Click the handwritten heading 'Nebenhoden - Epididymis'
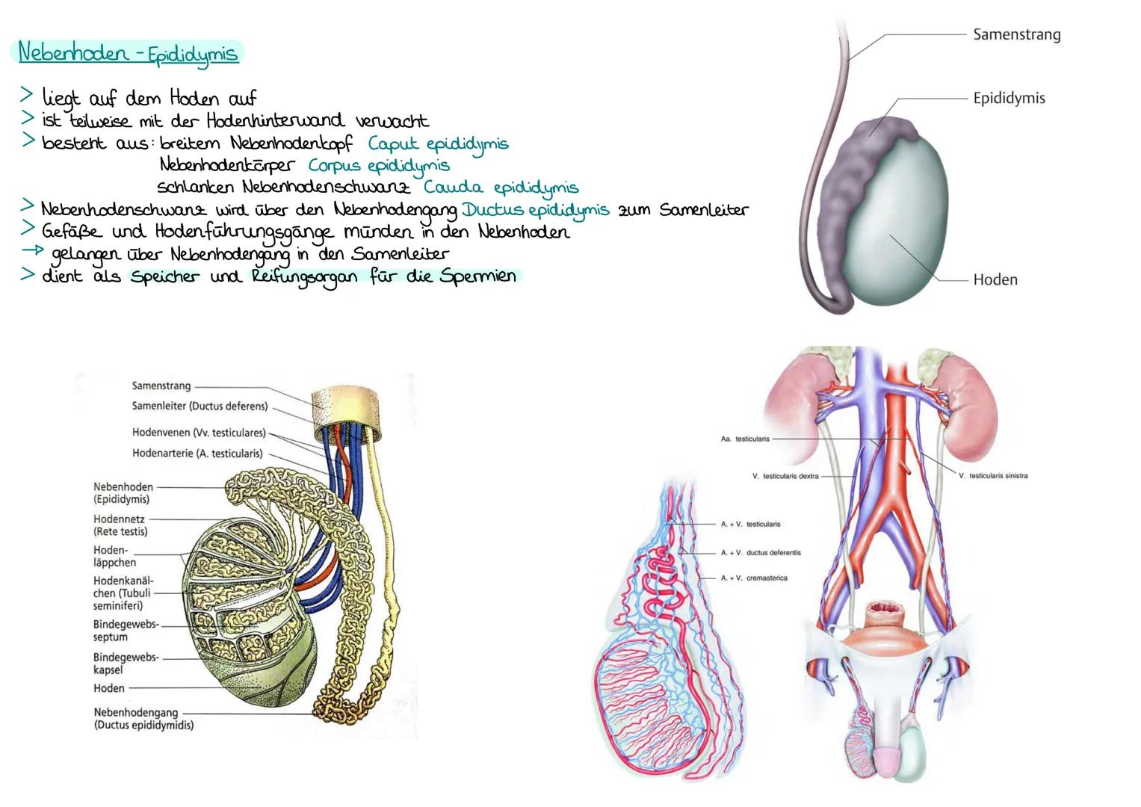coord(128,53)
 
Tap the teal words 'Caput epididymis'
coord(438,143)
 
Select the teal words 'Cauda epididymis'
coord(501,187)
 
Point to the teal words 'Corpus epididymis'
coord(379,165)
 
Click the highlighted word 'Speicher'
coord(165,276)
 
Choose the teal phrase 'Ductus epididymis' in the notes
coord(535,210)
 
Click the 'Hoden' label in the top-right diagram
coord(995,279)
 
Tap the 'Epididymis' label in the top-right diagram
coord(1009,98)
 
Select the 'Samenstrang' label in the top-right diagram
coord(1016,34)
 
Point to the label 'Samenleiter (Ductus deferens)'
coord(200,407)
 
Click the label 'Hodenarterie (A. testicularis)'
coord(197,454)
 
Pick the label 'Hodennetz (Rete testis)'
coord(120,525)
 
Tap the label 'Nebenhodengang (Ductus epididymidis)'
coord(143,718)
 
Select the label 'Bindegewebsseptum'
coord(125,631)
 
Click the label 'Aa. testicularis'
coord(744,439)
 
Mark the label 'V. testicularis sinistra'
coord(992,475)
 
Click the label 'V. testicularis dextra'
coord(785,475)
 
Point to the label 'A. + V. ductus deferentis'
coord(760,553)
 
